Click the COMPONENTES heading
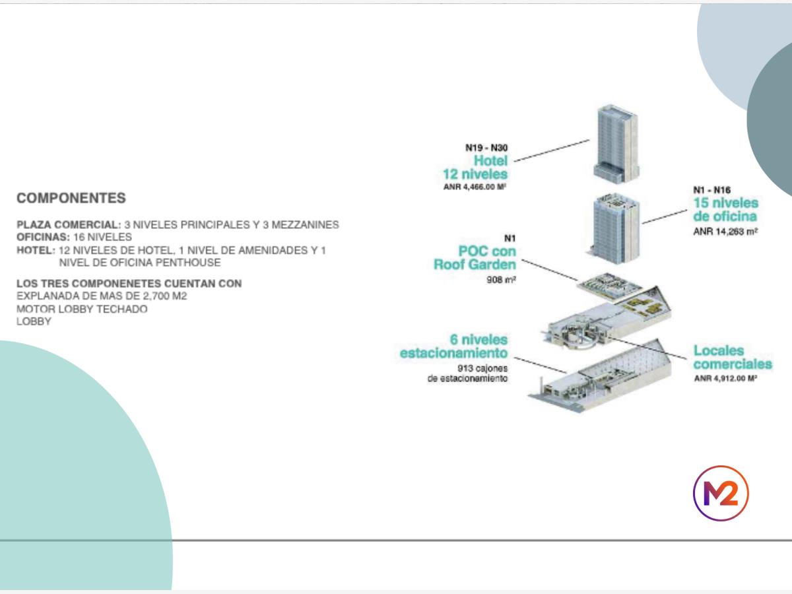tap(71, 198)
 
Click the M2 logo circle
tap(721, 493)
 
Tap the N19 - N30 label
tap(486, 148)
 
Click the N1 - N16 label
tap(711, 190)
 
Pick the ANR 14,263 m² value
tap(725, 232)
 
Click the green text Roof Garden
tap(475, 265)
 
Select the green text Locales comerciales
tap(732, 358)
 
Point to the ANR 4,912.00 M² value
tap(725, 379)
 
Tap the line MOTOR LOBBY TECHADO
tap(82, 309)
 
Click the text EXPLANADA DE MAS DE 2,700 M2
tap(102, 296)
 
